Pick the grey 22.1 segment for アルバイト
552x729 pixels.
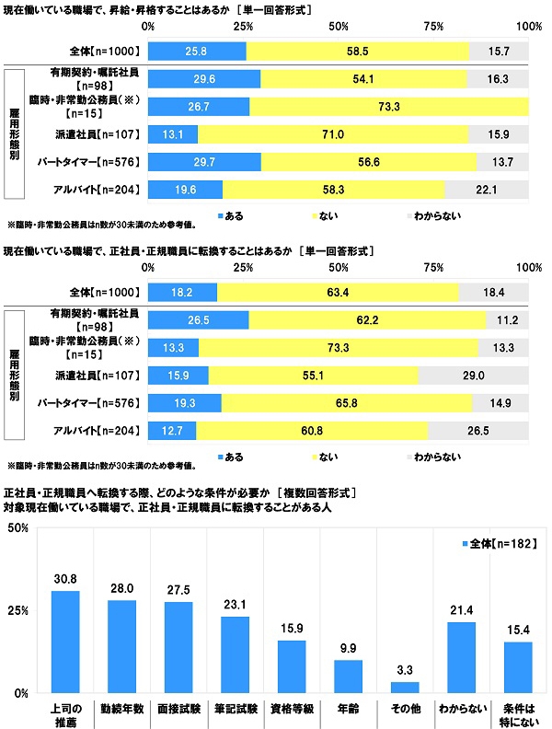487,191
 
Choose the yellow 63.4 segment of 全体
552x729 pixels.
338,291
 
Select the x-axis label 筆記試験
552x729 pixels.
236,711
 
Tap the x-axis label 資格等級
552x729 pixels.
293,711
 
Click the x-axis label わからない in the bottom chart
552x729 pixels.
463,711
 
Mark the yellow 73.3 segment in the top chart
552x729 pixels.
389,107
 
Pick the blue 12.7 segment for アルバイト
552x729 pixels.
172,429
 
